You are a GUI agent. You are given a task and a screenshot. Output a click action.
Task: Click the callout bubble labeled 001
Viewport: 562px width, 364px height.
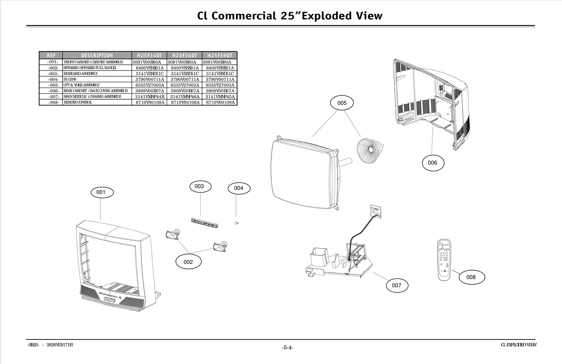pos(101,192)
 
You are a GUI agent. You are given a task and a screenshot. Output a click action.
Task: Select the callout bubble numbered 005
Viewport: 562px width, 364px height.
pos(342,103)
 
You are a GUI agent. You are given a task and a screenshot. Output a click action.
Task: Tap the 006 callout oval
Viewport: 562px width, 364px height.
pos(432,163)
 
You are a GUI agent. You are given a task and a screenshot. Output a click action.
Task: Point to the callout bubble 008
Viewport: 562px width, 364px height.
pos(471,277)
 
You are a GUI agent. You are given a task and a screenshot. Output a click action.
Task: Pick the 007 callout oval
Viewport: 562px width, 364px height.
pos(397,285)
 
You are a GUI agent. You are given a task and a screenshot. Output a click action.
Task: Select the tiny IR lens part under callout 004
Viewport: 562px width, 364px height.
pos(236,223)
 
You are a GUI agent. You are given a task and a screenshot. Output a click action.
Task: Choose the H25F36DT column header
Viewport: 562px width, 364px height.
pos(185,56)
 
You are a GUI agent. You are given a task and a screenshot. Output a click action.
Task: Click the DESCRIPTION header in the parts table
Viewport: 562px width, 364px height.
pos(97,56)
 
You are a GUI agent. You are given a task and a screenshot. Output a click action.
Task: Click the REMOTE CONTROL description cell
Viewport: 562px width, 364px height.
pos(78,102)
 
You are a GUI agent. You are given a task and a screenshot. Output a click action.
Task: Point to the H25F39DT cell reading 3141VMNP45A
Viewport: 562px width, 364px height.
pos(220,96)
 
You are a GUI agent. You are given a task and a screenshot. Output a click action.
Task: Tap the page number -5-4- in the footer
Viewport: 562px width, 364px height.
pos(287,348)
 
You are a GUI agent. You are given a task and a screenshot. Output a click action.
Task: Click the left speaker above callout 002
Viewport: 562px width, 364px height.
pos(173,235)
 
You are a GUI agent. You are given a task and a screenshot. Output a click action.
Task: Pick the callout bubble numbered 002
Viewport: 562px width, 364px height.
pos(188,262)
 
